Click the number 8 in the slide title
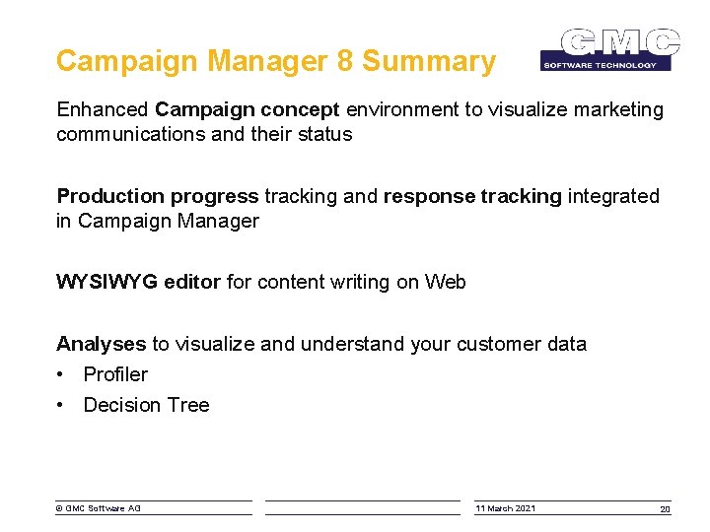pyautogui.click(x=344, y=61)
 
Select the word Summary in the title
pyautogui.click(x=429, y=61)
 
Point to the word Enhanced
pyautogui.click(x=104, y=110)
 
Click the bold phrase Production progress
pyautogui.click(x=158, y=196)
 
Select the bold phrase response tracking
pyautogui.click(x=472, y=196)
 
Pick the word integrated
pyautogui.click(x=613, y=196)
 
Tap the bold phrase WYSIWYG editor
pyautogui.click(x=139, y=283)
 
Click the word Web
pyautogui.click(x=446, y=283)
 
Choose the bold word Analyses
pyautogui.click(x=101, y=344)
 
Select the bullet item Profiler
pyautogui.click(x=115, y=374)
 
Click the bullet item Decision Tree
pyautogui.click(x=146, y=405)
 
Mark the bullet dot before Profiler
pyautogui.click(x=61, y=374)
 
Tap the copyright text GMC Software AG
pyautogui.click(x=99, y=508)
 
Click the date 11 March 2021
pyautogui.click(x=506, y=508)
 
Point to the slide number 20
pyautogui.click(x=665, y=508)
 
